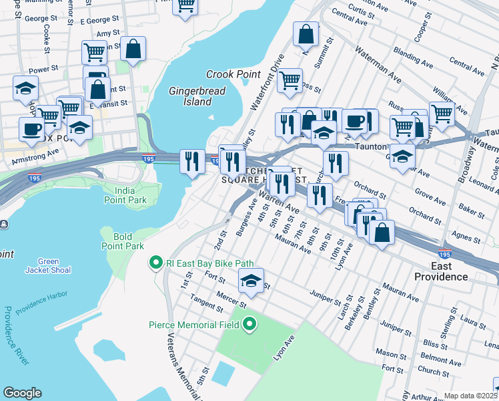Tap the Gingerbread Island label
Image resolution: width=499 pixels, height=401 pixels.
(197, 96)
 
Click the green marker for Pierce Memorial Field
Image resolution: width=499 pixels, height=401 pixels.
(250, 325)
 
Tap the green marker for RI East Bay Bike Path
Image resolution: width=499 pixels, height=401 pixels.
(155, 263)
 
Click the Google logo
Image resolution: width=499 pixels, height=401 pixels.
(22, 393)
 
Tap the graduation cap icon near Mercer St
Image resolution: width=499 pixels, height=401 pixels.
(251, 281)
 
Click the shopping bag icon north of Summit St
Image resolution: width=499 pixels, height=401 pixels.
(306, 35)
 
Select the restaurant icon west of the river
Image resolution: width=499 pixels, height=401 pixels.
(192, 160)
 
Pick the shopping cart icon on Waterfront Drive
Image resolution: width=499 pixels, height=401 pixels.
(290, 80)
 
